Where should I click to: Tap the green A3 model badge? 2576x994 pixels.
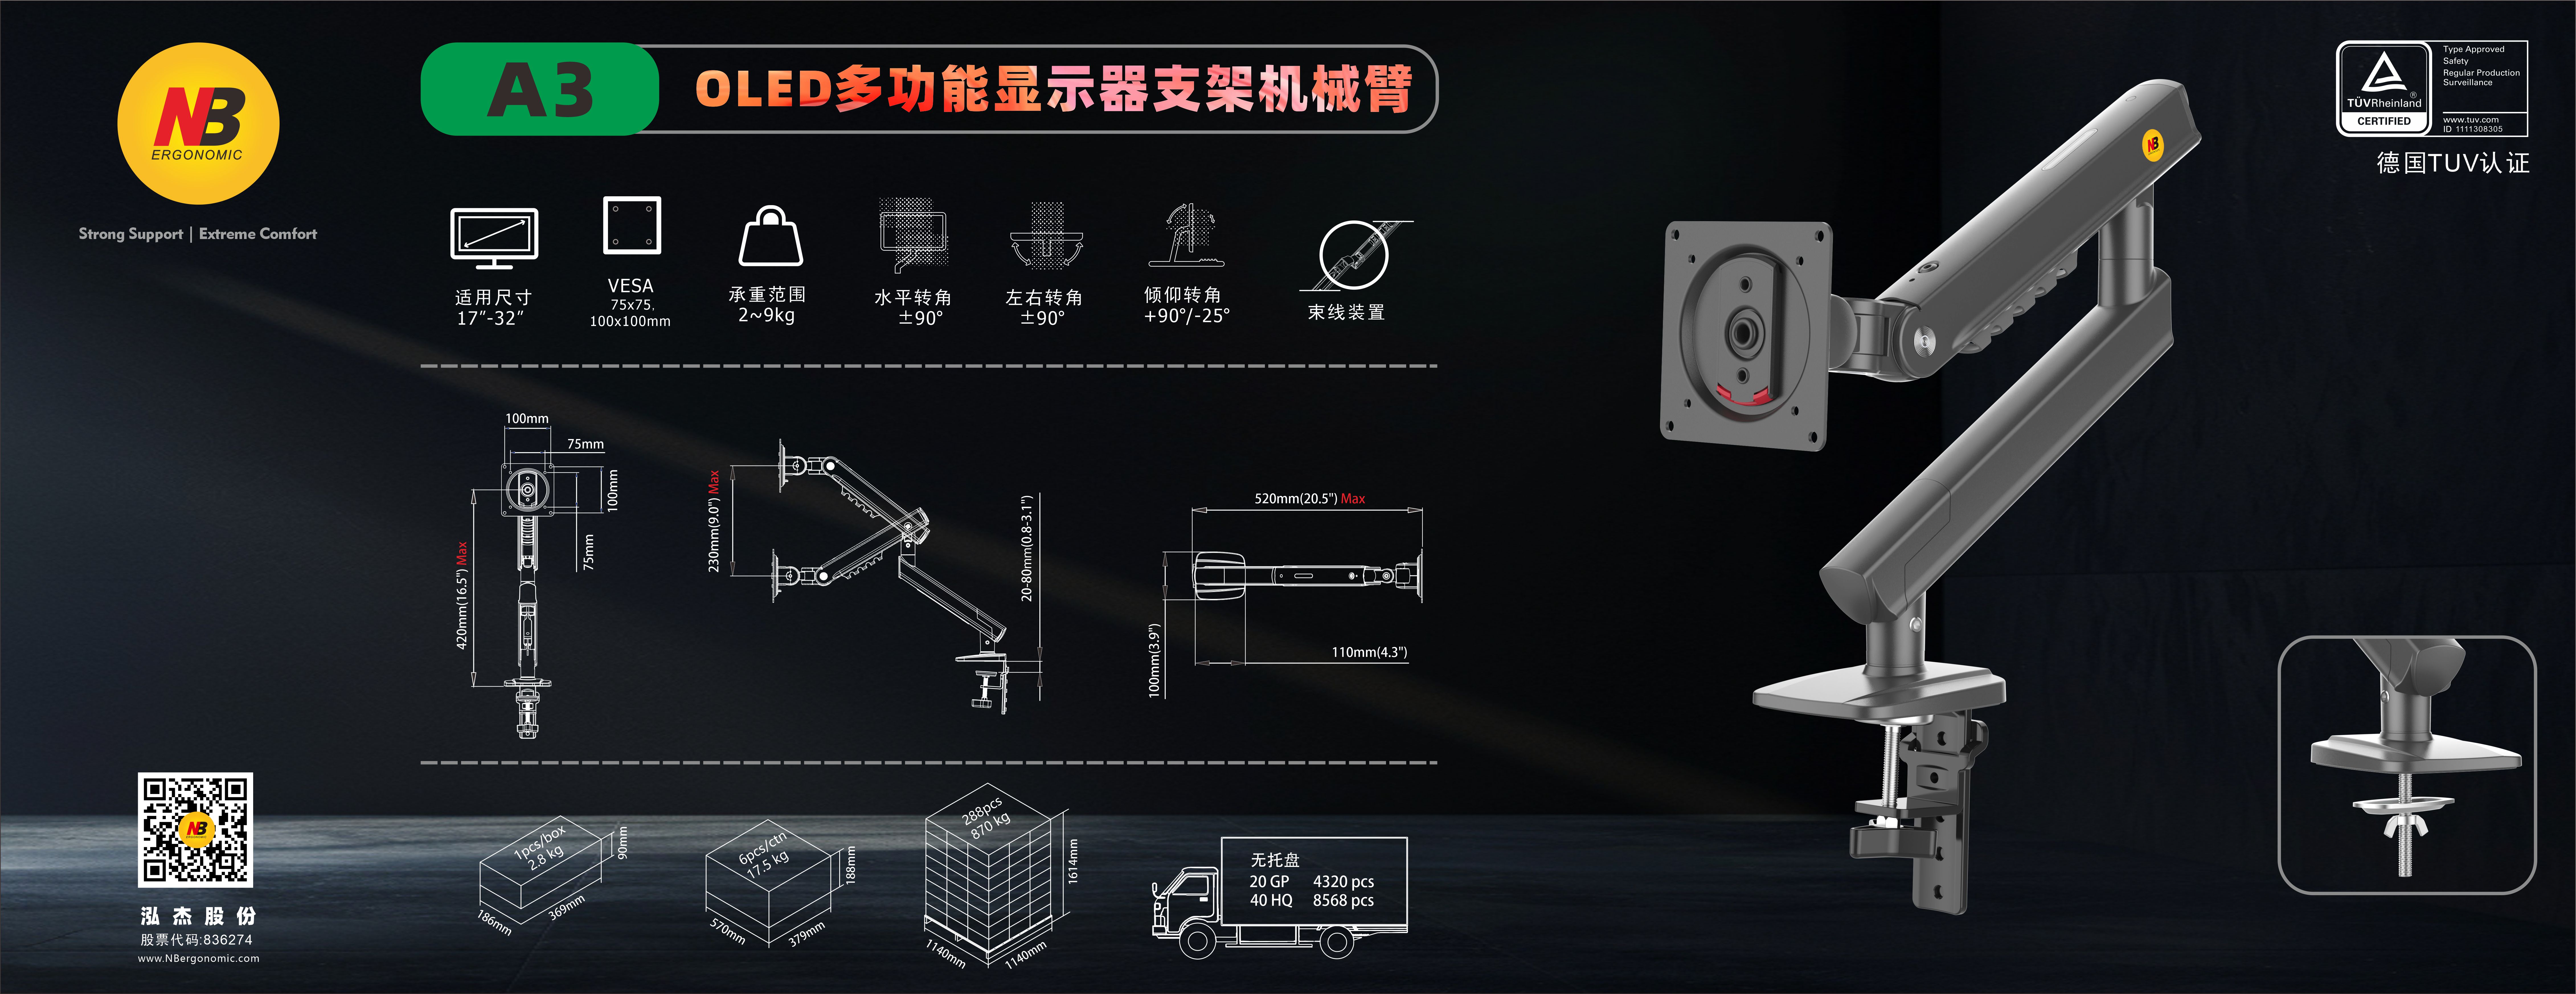coord(540,89)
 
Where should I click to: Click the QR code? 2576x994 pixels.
coord(195,829)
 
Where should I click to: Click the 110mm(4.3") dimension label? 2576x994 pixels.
coord(1369,652)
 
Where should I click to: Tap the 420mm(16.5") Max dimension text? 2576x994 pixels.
coord(462,596)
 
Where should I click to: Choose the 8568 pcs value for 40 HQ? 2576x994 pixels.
coord(1343,900)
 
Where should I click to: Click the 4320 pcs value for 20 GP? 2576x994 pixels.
coord(1343,881)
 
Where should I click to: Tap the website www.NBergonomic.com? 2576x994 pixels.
coord(198,958)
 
